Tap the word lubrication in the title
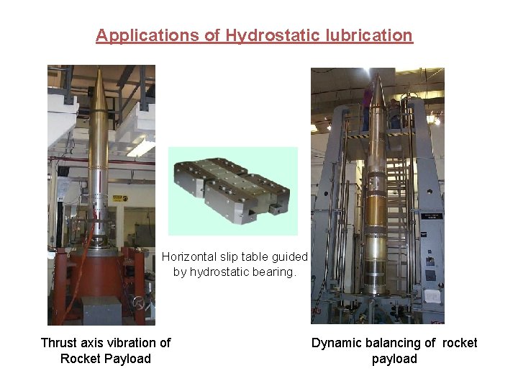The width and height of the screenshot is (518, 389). tap(371, 35)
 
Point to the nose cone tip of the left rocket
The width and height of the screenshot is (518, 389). tap(99, 71)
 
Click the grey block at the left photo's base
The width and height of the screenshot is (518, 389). tap(101, 310)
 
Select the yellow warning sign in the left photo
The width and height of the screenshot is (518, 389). tap(124, 198)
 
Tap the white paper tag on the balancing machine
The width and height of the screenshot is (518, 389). tap(432, 296)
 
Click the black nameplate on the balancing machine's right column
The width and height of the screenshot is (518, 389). tap(432, 215)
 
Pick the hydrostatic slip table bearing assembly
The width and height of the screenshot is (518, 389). tap(232, 190)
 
